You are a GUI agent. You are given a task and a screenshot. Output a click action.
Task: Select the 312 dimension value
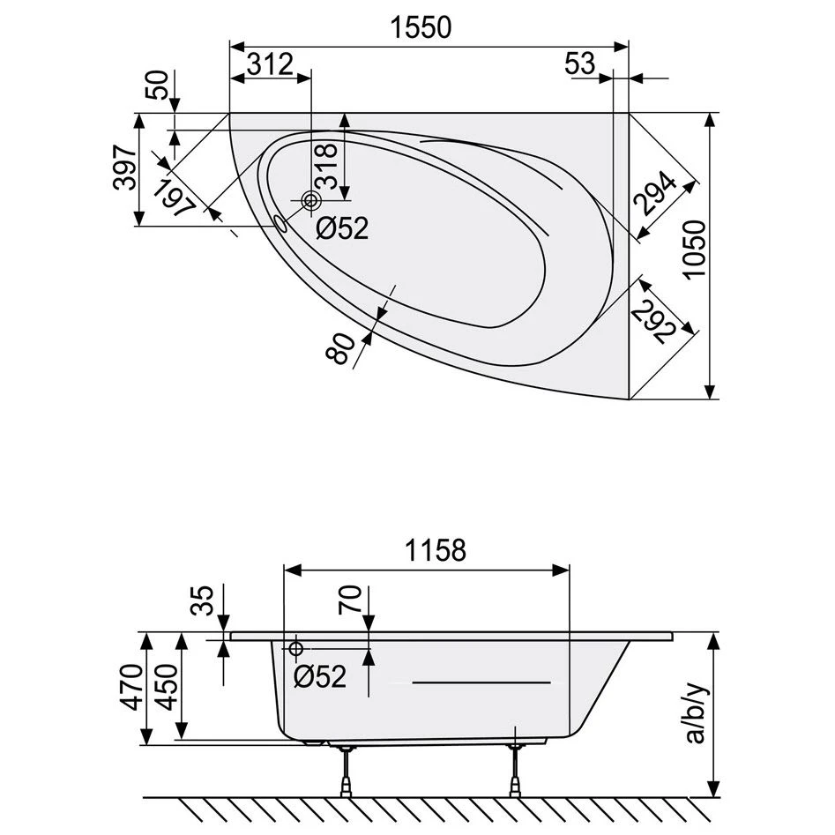click(269, 63)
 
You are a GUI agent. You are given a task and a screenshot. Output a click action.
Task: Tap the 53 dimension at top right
click(580, 63)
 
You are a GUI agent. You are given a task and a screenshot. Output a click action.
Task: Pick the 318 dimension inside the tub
click(328, 166)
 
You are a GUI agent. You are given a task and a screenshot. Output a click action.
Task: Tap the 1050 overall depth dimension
click(695, 250)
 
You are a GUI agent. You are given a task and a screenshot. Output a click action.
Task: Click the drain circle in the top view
click(311, 201)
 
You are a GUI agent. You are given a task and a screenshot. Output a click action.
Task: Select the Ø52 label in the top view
click(341, 229)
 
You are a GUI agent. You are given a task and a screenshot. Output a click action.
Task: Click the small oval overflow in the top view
click(281, 223)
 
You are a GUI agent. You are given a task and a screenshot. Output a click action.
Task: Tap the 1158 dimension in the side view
click(435, 551)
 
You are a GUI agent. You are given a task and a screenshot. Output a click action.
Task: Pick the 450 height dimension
click(167, 688)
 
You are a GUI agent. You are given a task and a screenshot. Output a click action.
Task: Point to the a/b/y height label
click(696, 712)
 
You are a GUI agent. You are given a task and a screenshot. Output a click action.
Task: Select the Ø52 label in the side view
click(319, 677)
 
